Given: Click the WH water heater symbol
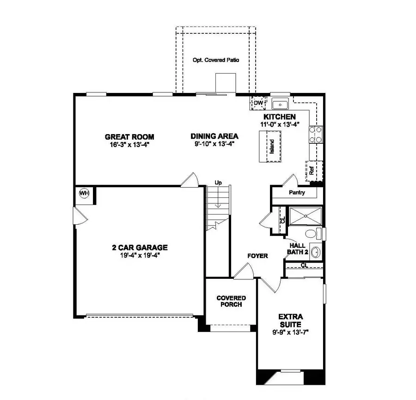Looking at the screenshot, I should (x=84, y=192).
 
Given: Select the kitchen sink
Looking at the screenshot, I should (x=280, y=104).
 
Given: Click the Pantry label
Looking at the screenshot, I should (x=297, y=192).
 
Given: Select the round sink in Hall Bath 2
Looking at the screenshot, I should (x=316, y=252).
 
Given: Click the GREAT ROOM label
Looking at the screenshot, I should (x=129, y=137).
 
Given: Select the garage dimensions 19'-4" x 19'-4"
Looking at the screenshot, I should (x=140, y=254).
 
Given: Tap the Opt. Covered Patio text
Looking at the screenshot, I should (x=216, y=61).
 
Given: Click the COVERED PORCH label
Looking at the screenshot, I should (x=231, y=301).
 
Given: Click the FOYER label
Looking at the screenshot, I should (x=257, y=256).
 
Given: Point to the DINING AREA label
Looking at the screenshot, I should (x=214, y=136).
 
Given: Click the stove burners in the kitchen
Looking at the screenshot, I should (x=316, y=135).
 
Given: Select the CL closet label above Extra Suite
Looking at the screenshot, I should (x=304, y=265).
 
